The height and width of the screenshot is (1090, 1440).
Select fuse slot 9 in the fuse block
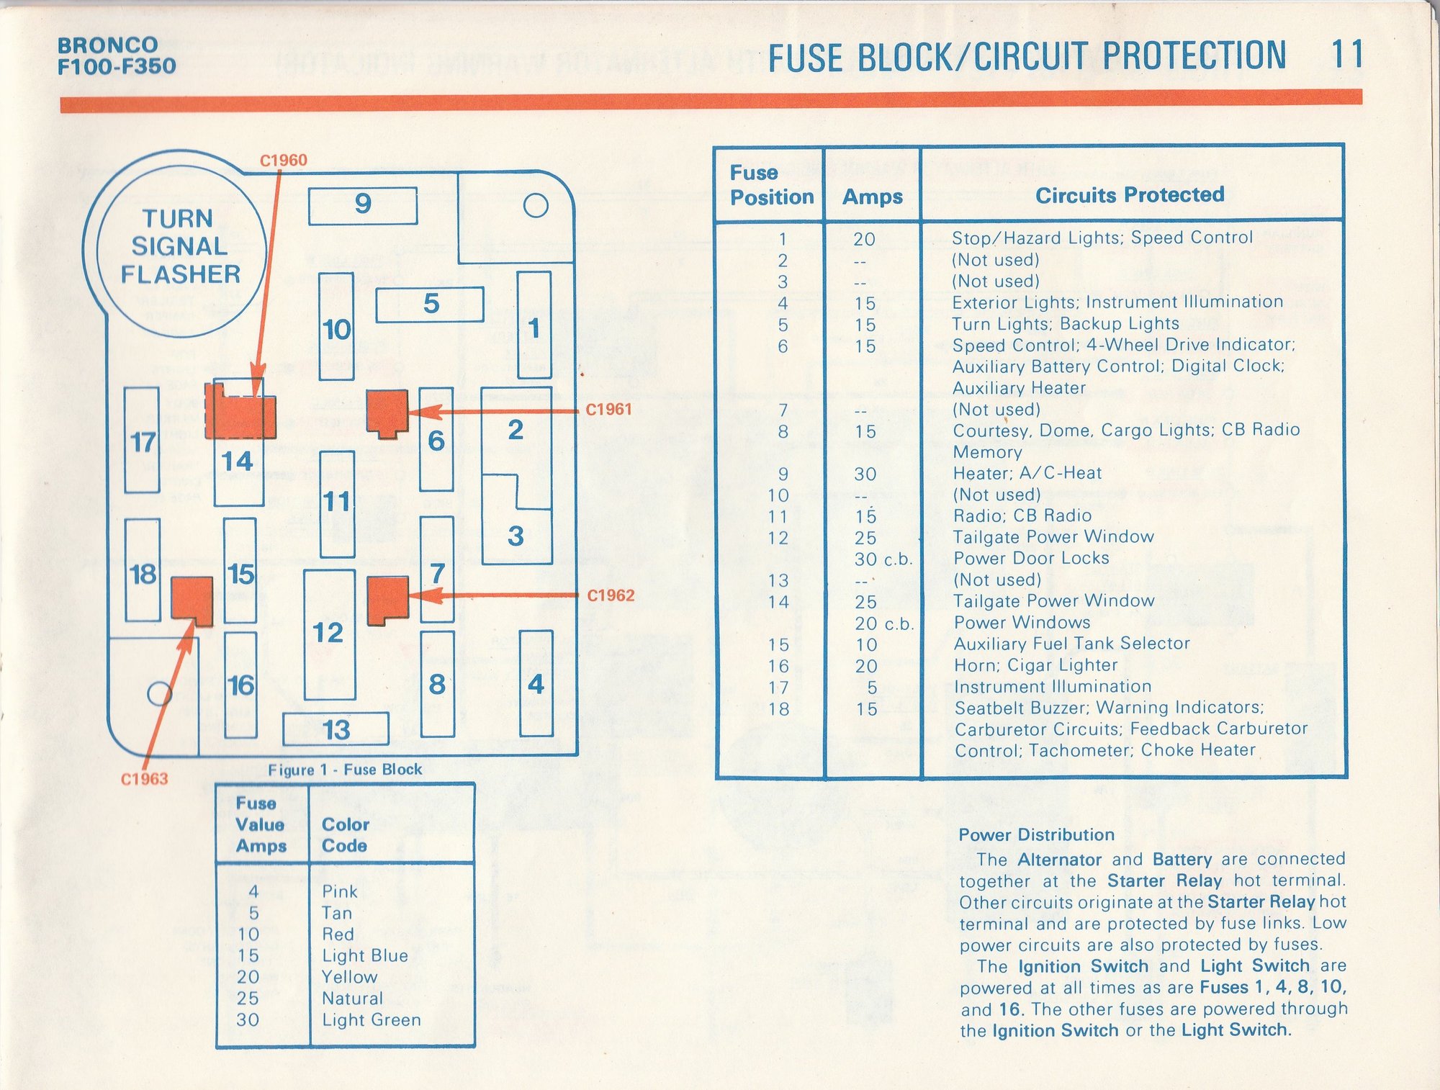[363, 205]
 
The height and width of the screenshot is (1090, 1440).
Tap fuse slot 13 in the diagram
[336, 729]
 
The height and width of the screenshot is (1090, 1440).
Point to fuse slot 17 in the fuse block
[142, 441]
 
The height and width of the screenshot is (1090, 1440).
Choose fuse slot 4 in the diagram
[536, 683]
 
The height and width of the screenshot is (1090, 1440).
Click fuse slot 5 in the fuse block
[430, 304]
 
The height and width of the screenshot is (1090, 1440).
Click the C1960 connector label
[283, 160]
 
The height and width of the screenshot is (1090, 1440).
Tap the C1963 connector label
[144, 779]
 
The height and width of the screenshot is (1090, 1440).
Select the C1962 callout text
[611, 595]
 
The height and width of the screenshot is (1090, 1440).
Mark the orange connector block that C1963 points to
[192, 600]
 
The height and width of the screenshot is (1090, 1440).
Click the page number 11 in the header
[1346, 55]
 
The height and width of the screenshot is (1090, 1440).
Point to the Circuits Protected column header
[1130, 194]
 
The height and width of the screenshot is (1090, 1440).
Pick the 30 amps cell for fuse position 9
[865, 474]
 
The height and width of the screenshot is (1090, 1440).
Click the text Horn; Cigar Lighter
[1036, 665]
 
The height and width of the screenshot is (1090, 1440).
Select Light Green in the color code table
[371, 1019]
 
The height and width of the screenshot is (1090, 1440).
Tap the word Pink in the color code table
[340, 891]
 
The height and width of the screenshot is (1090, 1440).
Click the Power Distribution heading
[1036, 835]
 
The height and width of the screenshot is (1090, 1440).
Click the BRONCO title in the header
[107, 45]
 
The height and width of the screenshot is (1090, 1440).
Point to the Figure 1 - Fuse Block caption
[345, 770]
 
